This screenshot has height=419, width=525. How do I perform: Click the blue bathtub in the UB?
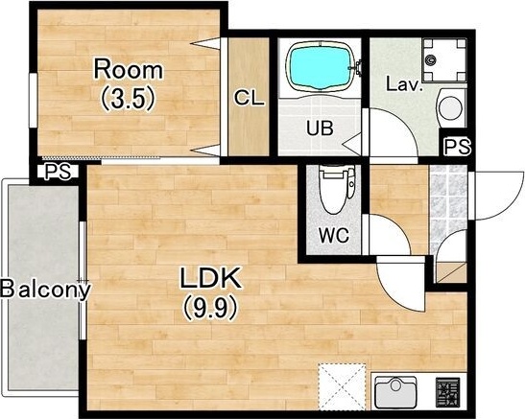319,66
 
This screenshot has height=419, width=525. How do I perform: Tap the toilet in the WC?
336,190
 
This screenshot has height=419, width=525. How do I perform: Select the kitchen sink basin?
395,392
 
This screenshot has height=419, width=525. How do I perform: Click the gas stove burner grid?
447,392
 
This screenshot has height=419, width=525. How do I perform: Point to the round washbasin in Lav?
451,107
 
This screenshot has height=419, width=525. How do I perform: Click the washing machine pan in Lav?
444,60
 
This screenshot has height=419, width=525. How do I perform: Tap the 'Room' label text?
129,69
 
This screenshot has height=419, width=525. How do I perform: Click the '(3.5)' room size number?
129,97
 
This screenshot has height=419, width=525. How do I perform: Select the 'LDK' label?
211,278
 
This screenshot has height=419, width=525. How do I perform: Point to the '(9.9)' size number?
210,308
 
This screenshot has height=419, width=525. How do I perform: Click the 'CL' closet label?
250,98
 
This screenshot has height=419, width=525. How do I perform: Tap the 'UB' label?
320,128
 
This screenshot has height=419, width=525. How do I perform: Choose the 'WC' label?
334,235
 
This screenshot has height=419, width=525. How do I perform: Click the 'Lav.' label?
403,84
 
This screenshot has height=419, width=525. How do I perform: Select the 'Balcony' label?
45,290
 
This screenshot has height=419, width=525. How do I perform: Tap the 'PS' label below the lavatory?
458,146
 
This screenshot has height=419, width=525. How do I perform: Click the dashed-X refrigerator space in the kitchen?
342,386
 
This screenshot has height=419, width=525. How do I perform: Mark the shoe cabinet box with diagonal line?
451,272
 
